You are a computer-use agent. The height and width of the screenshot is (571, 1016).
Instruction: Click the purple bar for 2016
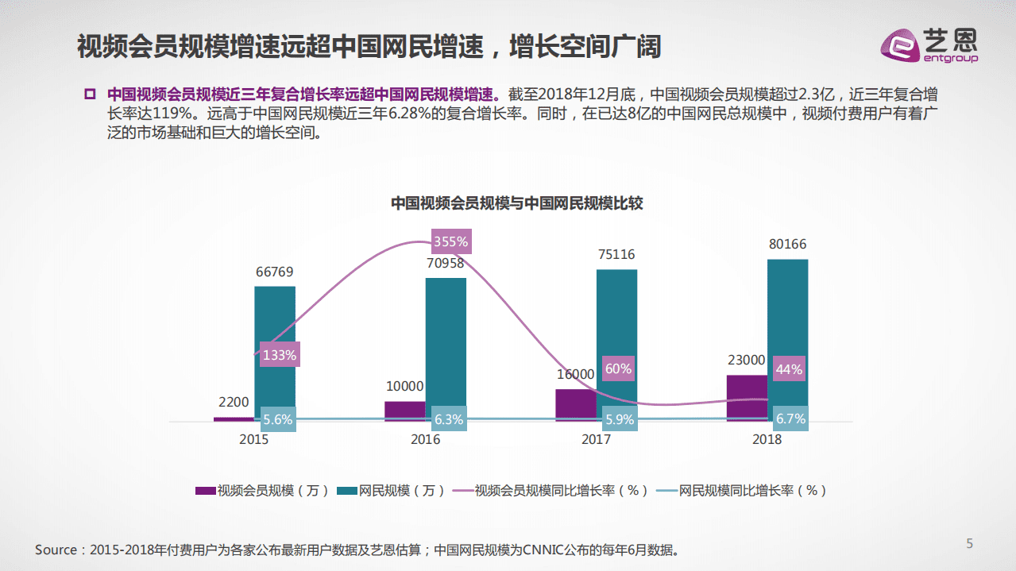[x=405, y=410]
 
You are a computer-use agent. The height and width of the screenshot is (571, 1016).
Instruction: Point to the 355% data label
[x=450, y=241]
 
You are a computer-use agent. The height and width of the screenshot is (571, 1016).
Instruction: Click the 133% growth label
[x=279, y=355]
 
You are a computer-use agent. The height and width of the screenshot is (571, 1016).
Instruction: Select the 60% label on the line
[x=617, y=368]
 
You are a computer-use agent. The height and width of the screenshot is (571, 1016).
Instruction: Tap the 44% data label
[x=789, y=369]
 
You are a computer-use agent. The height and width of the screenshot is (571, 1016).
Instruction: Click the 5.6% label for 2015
[x=277, y=419]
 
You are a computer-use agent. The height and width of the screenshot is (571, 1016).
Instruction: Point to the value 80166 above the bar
[x=787, y=245]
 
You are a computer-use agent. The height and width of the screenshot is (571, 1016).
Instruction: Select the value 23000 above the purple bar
[x=746, y=360]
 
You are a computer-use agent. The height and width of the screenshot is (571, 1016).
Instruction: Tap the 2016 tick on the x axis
[x=425, y=439]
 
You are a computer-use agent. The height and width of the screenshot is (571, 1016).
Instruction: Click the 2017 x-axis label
[x=596, y=439]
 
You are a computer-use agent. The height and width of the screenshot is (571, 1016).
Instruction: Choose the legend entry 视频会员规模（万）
[x=263, y=491]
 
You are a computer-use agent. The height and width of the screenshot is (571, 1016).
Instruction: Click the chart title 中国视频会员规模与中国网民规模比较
[x=516, y=203]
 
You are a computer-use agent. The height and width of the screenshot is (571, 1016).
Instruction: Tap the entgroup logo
[x=929, y=44]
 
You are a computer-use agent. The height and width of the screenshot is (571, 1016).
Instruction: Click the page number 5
[x=969, y=543]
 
